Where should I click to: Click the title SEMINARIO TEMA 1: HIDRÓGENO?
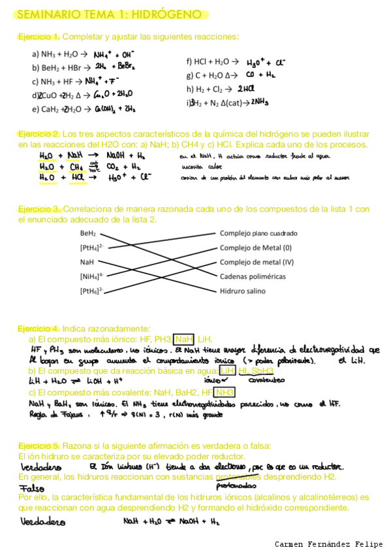point(108,14)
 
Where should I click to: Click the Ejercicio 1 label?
point(39,36)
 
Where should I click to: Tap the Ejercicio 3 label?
point(39,209)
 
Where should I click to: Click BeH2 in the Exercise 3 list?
point(88,233)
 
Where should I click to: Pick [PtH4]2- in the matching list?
point(92,248)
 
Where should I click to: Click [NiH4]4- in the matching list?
point(92,276)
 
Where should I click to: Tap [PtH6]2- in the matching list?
point(92,290)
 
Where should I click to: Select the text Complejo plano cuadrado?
point(258,233)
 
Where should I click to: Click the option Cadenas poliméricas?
point(253,276)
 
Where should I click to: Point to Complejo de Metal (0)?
point(255,248)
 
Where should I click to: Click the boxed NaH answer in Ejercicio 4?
point(184,339)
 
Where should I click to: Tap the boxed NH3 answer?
point(224,392)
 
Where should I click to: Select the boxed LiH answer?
point(227,370)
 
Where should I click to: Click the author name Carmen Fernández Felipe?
point(330,544)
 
